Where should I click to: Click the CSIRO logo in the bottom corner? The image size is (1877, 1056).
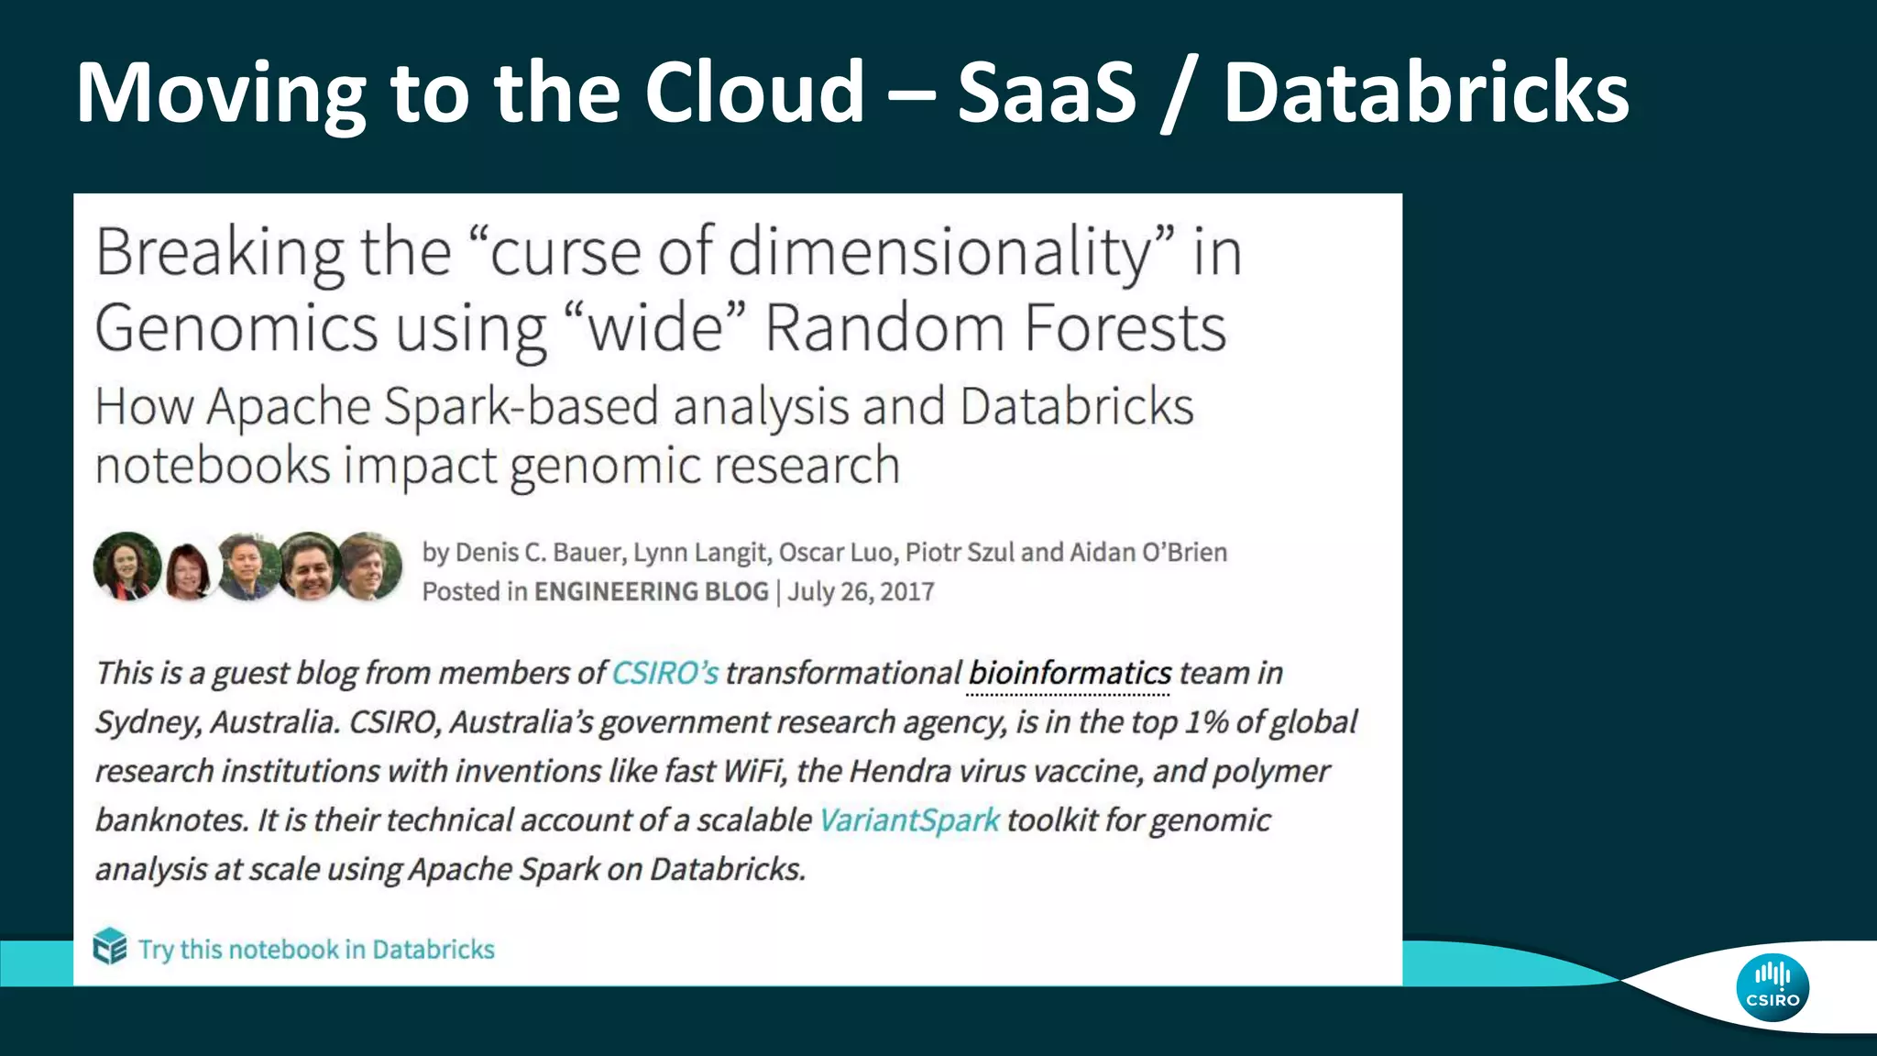(1772, 987)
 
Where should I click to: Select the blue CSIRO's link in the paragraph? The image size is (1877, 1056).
(664, 673)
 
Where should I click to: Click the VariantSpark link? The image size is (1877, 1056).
(908, 819)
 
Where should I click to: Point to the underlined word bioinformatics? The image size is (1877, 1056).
(1070, 673)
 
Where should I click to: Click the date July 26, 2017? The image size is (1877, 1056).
(861, 591)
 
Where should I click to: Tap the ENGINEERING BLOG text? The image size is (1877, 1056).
(651, 591)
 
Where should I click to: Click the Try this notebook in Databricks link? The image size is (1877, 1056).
(316, 949)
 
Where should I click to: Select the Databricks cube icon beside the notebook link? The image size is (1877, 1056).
(110, 947)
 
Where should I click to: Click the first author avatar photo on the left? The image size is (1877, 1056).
(127, 566)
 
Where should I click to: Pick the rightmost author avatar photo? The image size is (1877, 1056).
(370, 566)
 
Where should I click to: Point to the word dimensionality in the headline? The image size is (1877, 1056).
(938, 251)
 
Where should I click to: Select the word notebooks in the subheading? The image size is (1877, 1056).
(212, 465)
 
